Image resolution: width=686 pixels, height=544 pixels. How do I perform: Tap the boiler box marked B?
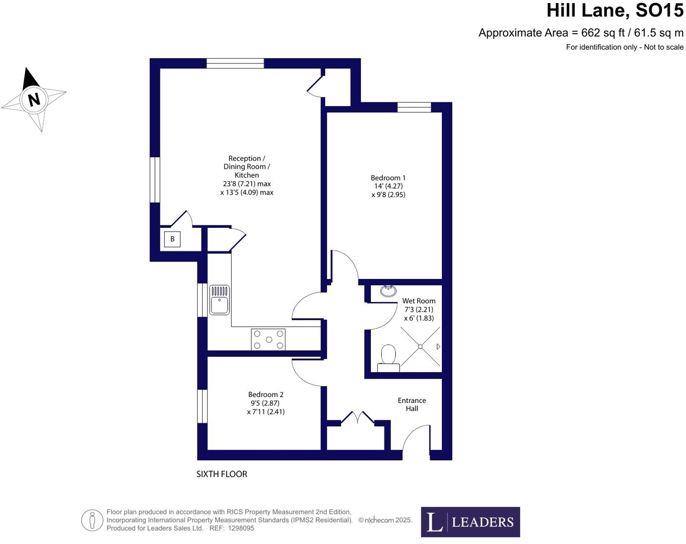point(172,239)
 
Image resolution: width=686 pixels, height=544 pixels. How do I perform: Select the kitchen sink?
point(219,300)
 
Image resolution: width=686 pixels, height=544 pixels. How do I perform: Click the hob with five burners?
point(268,340)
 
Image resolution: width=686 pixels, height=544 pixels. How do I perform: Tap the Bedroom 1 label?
point(388,178)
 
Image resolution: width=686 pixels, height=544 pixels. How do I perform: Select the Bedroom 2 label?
point(266,395)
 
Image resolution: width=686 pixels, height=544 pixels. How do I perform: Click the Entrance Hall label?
point(412,404)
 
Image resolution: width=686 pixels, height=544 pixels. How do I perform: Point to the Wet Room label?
point(418,301)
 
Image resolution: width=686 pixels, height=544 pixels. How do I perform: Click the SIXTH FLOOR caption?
point(221,474)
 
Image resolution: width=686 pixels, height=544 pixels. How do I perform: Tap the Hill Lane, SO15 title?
point(615,10)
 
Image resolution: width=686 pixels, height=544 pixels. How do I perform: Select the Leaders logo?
point(470,522)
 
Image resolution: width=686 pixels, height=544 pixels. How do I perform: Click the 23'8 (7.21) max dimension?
point(247,184)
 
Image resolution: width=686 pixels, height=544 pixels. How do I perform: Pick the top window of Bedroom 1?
point(414,107)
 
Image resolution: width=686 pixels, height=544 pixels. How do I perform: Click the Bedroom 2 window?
point(202,406)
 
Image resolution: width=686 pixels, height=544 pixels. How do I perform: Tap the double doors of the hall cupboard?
point(358,418)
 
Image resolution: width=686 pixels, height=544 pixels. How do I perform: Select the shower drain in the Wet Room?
point(420,346)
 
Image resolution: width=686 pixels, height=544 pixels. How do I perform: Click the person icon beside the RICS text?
point(92,520)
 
